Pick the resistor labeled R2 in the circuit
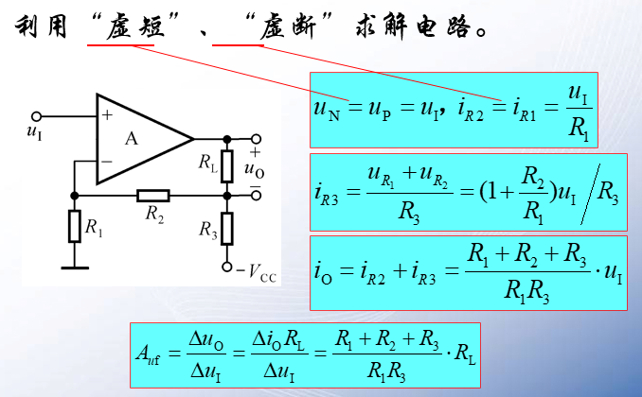click(153, 196)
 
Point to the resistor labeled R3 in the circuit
click(227, 229)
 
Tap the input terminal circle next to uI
click(36, 115)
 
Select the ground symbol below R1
click(75, 268)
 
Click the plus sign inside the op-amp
click(106, 116)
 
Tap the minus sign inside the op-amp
click(106, 161)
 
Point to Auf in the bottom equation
click(149, 358)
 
